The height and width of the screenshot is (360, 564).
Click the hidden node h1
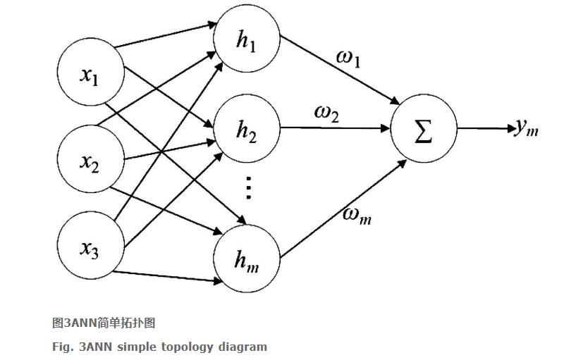click(247, 41)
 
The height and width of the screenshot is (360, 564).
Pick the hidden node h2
click(247, 130)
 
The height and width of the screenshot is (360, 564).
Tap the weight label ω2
click(326, 113)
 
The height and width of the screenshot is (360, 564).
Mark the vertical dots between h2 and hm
click(247, 188)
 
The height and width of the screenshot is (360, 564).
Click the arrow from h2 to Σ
click(335, 128)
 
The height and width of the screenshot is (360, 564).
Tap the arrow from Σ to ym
click(486, 129)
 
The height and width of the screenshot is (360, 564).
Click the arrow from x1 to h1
click(166, 36)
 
